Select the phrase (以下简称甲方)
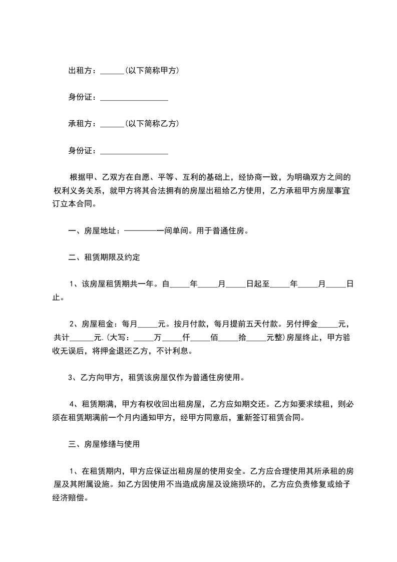coord(152,71)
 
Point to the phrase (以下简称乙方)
coord(152,123)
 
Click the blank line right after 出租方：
coord(112,72)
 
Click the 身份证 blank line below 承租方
coord(134,151)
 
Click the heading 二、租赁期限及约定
coord(104,258)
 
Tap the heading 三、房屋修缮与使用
coord(104,443)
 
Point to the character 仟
coord(186,337)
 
